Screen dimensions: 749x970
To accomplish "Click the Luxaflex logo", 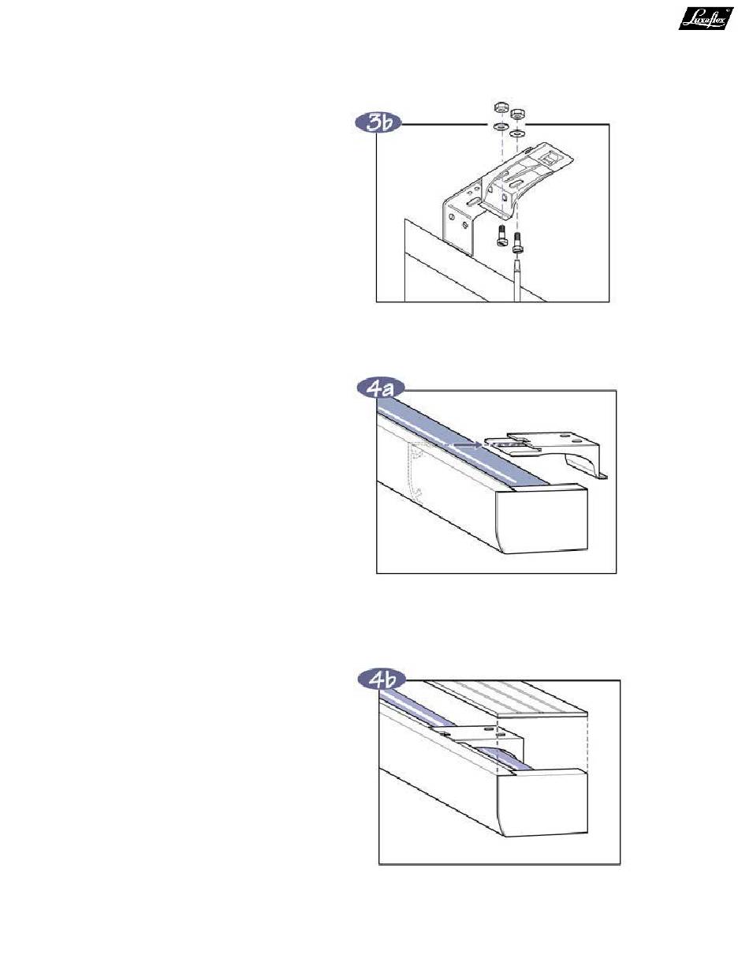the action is point(706,18).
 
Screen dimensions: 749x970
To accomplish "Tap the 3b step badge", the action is point(378,124).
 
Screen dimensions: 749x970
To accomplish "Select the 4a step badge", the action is point(380,389).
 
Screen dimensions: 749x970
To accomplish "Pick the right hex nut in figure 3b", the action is point(518,114).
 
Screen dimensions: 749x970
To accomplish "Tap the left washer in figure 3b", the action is point(500,127).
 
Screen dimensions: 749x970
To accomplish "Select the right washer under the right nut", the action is point(517,133).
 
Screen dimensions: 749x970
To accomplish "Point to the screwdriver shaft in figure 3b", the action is point(519,280).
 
